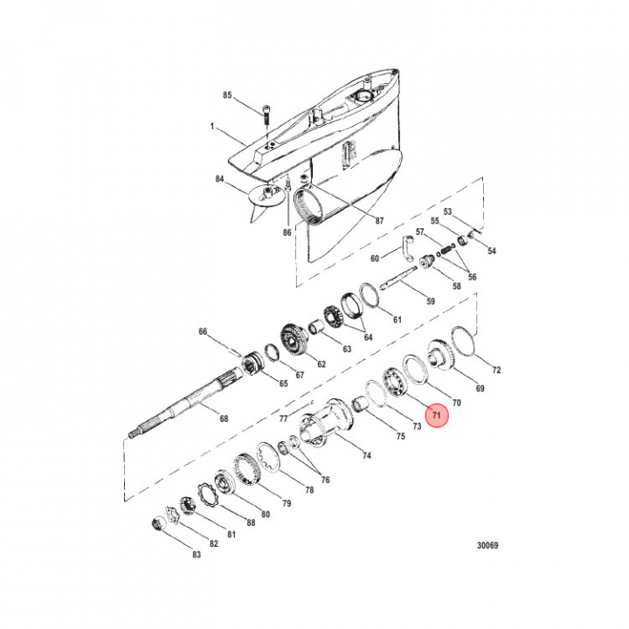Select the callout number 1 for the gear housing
[211, 127]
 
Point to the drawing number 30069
[487, 545]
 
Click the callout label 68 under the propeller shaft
[224, 418]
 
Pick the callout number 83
[196, 555]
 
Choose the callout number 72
[497, 370]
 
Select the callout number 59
[430, 301]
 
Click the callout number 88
[251, 522]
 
